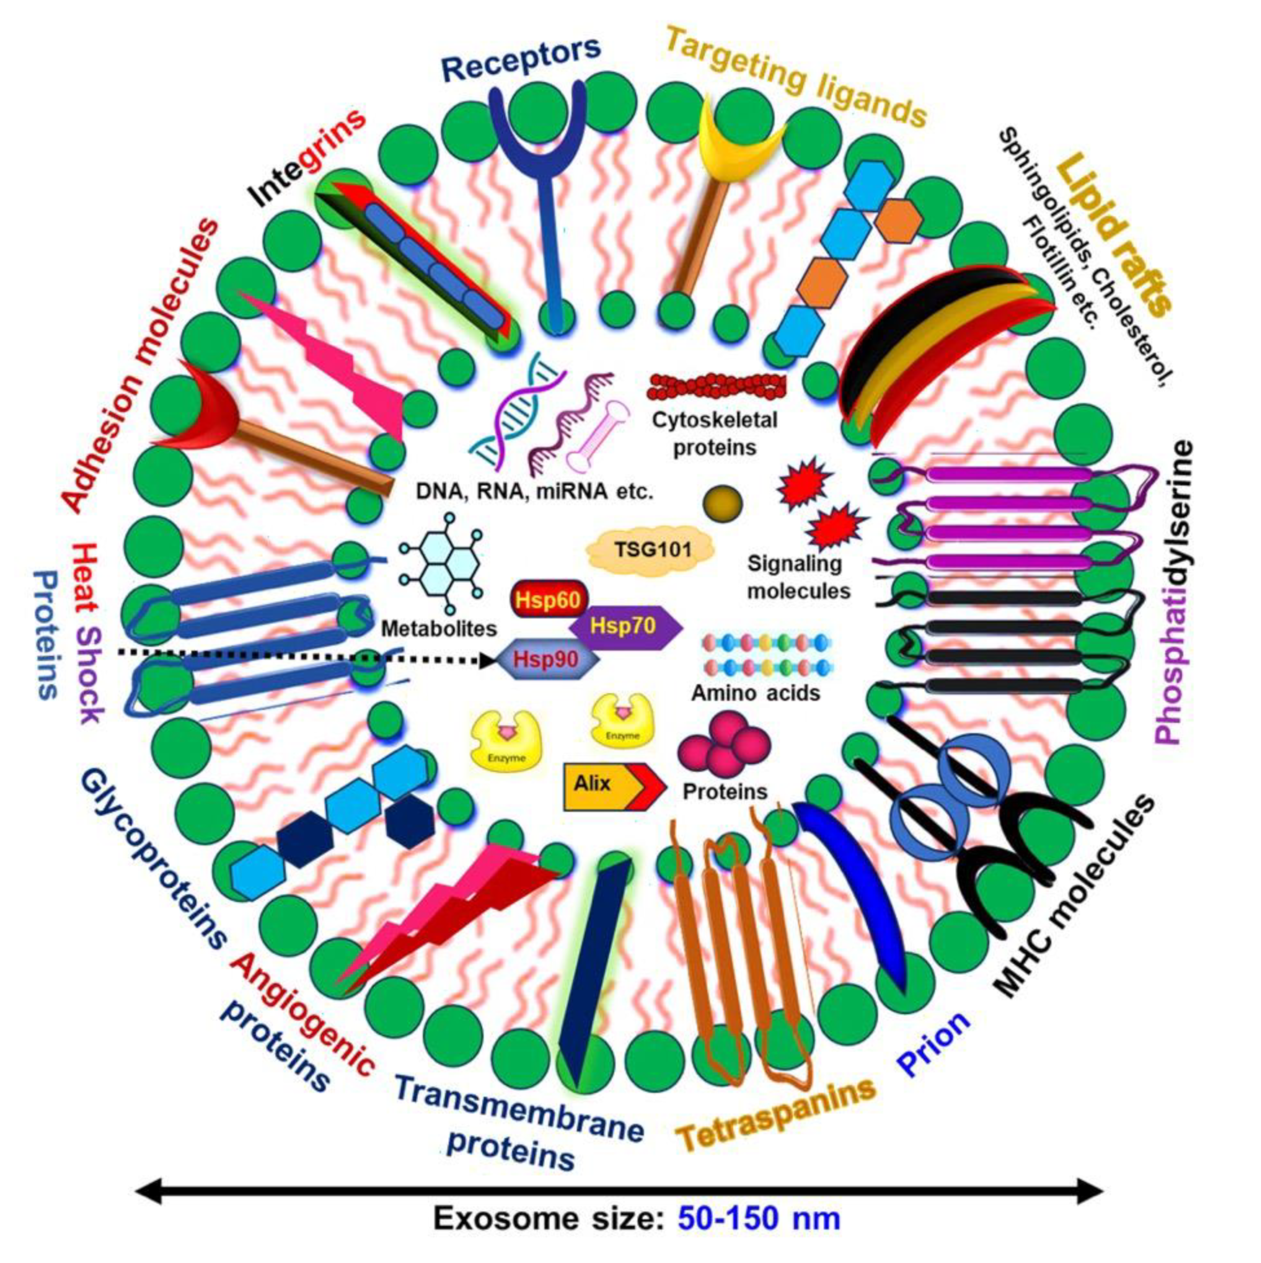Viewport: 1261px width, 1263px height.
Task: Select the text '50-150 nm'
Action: [x=759, y=1218]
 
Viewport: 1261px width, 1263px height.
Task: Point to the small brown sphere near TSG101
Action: [x=722, y=503]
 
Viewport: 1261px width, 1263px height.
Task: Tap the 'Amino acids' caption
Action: [x=755, y=692]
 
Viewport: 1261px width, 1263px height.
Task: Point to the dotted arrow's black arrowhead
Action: [x=488, y=661]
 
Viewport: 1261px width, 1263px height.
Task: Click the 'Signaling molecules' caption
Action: [x=798, y=577]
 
